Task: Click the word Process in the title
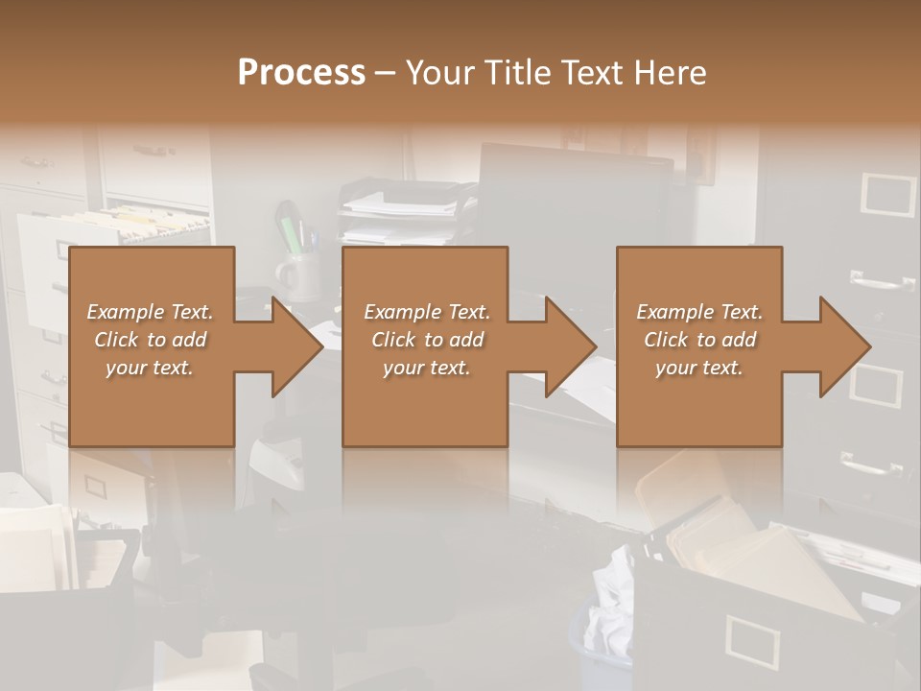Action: tap(301, 73)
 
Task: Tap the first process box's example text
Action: tap(150, 340)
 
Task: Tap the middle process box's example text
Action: tap(426, 340)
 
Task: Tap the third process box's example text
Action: tap(699, 340)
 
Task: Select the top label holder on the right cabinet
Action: tap(888, 194)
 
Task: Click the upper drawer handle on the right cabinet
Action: tap(881, 281)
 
